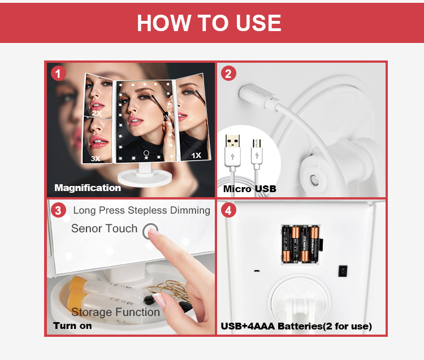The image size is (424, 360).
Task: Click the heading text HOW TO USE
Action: pos(209,23)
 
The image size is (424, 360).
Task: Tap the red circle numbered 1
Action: pos(58,73)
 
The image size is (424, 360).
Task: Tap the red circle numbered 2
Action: pos(228,73)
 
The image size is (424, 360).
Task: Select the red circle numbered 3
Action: pos(58,210)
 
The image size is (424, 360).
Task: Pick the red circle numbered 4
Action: pos(228,210)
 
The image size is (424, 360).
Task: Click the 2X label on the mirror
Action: pos(97,113)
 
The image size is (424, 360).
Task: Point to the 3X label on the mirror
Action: pos(96,158)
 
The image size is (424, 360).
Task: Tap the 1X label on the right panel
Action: pos(196,155)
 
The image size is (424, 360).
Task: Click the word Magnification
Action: pos(88,188)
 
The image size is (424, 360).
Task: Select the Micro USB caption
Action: pos(249,189)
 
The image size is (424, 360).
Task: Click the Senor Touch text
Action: pos(105,228)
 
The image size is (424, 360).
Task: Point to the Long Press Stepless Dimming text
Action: pos(142,210)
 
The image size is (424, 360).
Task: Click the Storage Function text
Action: pos(116,312)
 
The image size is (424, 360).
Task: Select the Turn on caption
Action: pos(72,326)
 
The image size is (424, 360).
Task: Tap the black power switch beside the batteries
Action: pos(343,271)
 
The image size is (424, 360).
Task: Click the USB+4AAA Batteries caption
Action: pos(296,326)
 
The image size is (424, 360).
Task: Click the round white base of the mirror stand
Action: pos(145,179)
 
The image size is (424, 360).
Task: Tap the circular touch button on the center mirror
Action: pos(146,153)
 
